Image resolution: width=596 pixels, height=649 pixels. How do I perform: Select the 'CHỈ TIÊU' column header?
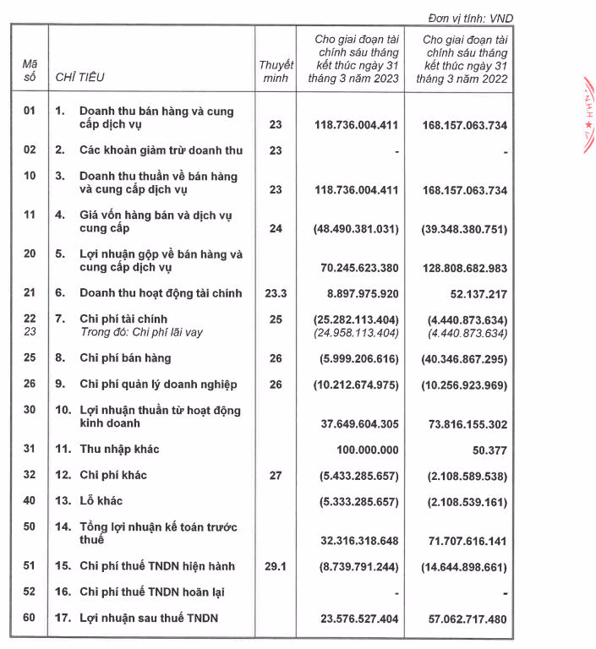click(x=79, y=78)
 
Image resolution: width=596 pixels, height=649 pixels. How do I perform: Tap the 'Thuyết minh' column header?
click(x=275, y=71)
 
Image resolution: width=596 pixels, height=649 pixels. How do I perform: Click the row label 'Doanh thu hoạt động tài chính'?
click(x=161, y=293)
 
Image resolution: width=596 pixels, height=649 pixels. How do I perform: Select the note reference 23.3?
click(x=275, y=293)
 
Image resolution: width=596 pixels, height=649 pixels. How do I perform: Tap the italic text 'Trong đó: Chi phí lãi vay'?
click(x=141, y=332)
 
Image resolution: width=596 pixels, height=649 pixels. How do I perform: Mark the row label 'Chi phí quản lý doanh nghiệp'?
click(x=158, y=384)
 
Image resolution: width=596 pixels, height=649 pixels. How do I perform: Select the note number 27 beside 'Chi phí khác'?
click(x=275, y=475)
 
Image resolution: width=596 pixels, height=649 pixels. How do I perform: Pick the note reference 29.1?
click(x=275, y=565)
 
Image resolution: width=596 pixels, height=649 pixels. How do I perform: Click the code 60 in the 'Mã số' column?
click(x=30, y=618)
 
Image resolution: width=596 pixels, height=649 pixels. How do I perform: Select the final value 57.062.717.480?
click(x=464, y=619)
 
